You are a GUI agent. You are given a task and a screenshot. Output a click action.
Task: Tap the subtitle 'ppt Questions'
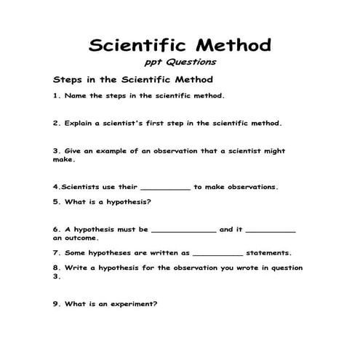pos(181,63)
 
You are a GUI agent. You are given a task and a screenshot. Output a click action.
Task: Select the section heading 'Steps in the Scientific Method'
pos(132,79)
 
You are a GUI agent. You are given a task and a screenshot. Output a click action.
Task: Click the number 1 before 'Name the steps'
pos(55,95)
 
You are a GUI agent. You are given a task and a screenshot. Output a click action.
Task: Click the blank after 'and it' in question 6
pos(271,231)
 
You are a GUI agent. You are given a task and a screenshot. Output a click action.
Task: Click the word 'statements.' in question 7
pos(269,253)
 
